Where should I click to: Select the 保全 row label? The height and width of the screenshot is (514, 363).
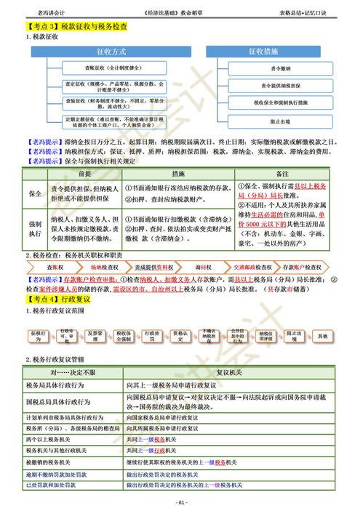(x=35, y=194)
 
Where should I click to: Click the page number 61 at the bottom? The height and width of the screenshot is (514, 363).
(x=182, y=502)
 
